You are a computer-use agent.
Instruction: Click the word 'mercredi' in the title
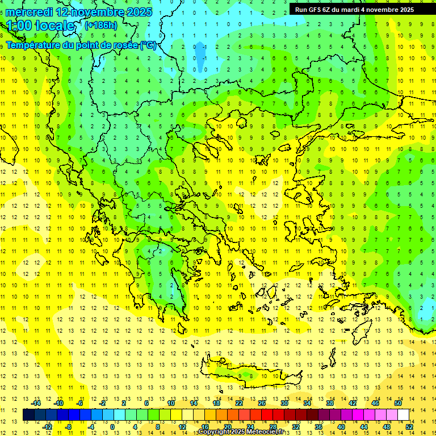(x=30, y=12)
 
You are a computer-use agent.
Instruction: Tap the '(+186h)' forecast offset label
(x=100, y=25)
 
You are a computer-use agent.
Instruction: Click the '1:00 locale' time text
(x=40, y=26)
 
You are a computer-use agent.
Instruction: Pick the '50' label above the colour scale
(x=399, y=403)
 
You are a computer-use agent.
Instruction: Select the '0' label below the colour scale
(x=112, y=427)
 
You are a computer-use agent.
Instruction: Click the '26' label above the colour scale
(x=262, y=403)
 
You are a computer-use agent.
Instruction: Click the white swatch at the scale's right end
(x=404, y=415)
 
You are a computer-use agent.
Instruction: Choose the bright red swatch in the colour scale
(x=267, y=415)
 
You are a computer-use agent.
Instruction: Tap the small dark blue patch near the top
(x=200, y=53)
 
